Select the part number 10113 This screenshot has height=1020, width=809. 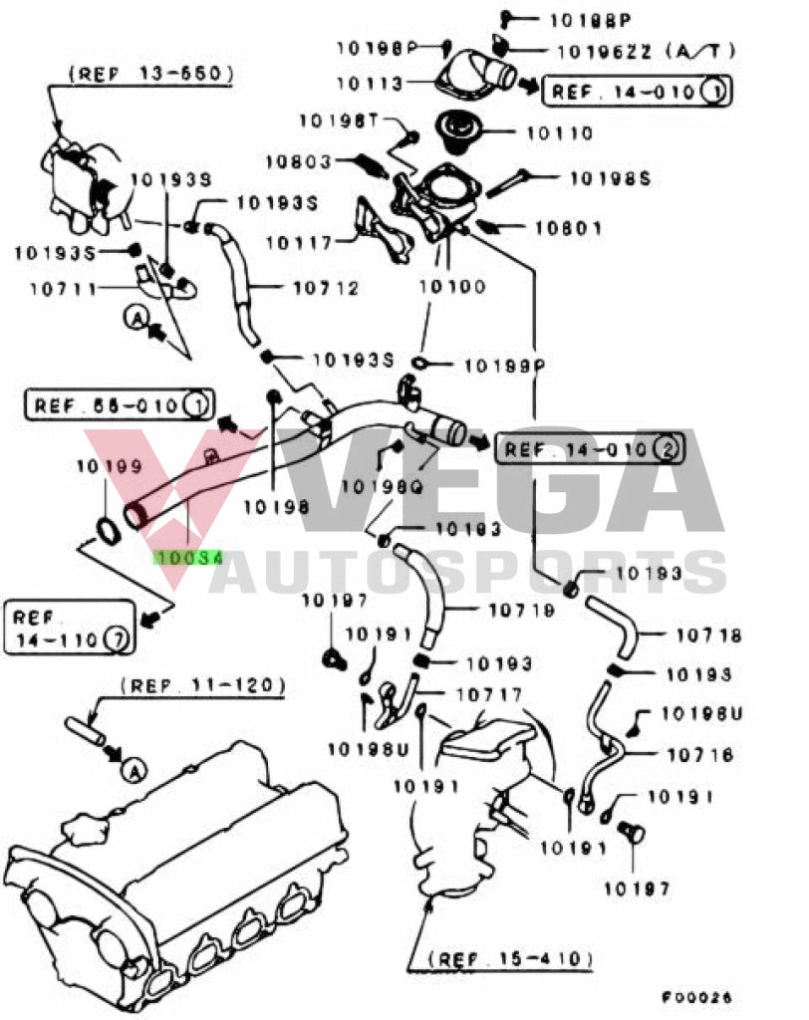370,85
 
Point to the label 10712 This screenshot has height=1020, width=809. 326,289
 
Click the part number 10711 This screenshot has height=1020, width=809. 64,289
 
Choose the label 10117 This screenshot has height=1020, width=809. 300,241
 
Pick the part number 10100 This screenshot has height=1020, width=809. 451,287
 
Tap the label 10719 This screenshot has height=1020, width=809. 522,610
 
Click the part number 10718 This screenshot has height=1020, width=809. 708,634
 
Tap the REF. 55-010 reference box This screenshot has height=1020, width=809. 118,405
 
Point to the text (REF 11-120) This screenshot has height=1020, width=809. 203,685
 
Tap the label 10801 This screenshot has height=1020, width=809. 568,228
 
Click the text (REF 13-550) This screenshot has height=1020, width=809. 151,73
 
